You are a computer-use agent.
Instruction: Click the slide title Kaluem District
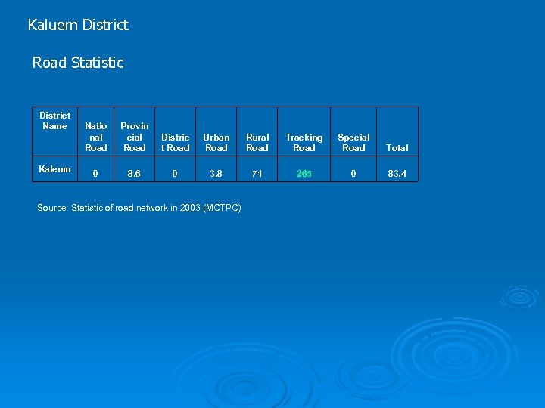click(78, 25)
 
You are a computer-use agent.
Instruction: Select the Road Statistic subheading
click(78, 63)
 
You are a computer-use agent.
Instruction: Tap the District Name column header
click(54, 121)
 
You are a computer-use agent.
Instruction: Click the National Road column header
click(96, 137)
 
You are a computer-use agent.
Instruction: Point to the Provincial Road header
click(135, 137)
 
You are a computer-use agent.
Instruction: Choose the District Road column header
click(176, 142)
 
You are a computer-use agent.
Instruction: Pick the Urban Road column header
click(216, 142)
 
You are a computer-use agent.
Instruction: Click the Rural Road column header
click(257, 142)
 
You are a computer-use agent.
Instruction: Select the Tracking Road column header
click(304, 142)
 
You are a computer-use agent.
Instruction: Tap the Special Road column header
click(353, 142)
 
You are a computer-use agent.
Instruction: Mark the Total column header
click(397, 148)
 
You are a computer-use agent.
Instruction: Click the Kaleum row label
click(55, 169)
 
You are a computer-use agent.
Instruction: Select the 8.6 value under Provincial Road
click(135, 174)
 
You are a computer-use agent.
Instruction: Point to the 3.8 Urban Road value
click(216, 174)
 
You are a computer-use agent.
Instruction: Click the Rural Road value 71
click(257, 174)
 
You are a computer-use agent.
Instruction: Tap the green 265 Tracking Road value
click(304, 174)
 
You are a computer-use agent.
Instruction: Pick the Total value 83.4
click(397, 174)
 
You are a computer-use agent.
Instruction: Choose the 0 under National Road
click(95, 174)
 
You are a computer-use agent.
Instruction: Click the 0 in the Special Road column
click(353, 174)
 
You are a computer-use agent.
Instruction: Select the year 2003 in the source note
click(188, 208)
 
